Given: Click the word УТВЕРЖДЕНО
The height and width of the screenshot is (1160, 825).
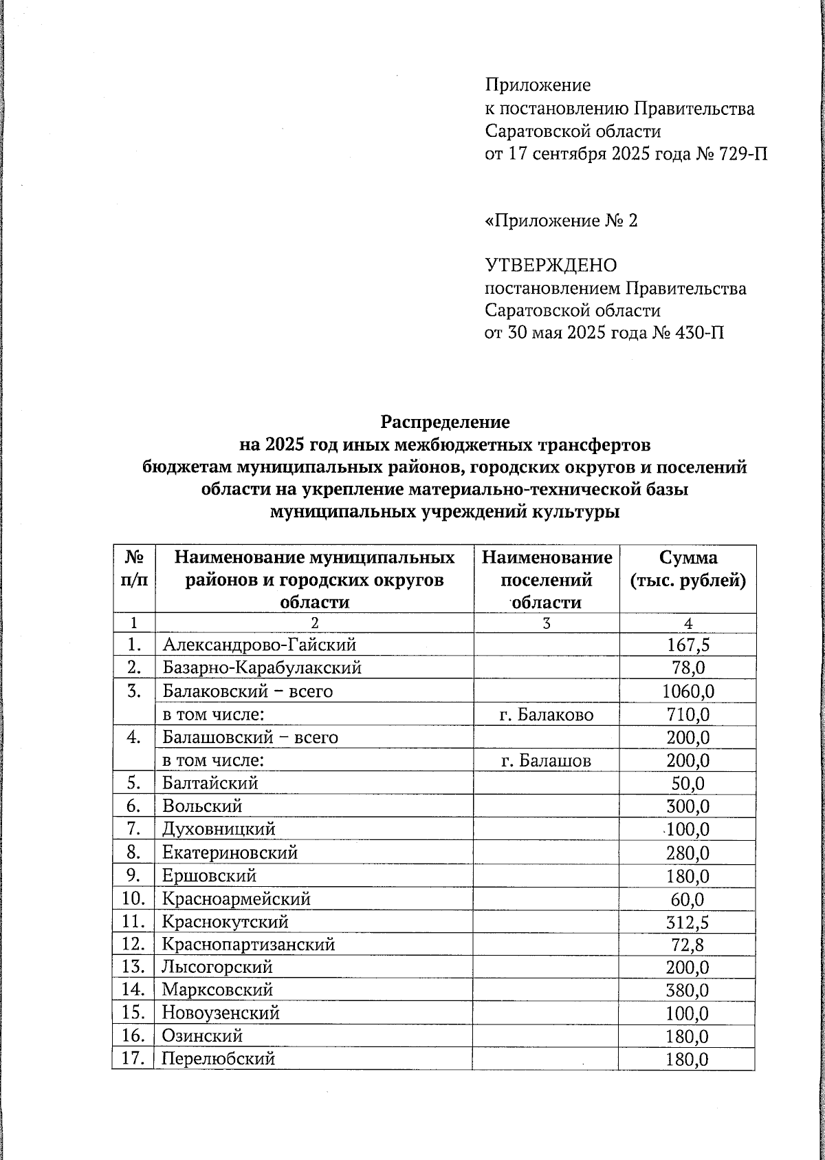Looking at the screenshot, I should [551, 265].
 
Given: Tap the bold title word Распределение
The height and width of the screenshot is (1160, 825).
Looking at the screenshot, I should [445, 421].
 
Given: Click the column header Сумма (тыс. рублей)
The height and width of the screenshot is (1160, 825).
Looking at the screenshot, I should [687, 569].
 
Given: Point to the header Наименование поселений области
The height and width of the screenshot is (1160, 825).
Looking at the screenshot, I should [547, 579].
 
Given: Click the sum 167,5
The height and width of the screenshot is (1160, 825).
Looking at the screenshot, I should [687, 645].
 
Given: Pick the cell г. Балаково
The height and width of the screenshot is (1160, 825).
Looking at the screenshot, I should [547, 715].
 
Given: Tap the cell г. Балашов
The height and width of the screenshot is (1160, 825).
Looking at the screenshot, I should [546, 761].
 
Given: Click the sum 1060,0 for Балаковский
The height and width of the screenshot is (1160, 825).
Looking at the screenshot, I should [687, 691].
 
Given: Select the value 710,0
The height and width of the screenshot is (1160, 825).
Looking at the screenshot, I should [687, 715].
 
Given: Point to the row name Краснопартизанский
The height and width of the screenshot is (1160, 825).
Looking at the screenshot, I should [248, 945].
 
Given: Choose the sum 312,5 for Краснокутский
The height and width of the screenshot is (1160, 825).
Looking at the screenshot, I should [687, 922].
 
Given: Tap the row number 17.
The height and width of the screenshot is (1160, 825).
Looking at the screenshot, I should [132, 1059].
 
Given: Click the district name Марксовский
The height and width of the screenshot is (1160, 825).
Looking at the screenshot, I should [217, 990].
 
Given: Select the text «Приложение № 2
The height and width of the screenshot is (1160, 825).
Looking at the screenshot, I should [561, 221].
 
